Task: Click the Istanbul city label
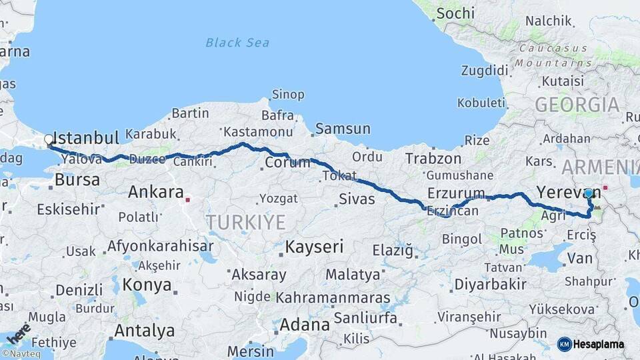tap(85, 138)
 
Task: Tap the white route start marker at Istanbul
tap(49, 140)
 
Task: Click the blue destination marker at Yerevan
tap(588, 193)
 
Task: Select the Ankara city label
tap(155, 193)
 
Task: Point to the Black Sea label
tap(237, 43)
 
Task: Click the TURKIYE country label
tap(245, 222)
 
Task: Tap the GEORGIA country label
tap(577, 105)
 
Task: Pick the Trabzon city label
tap(433, 159)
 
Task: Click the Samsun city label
tap(343, 129)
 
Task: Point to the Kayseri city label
tap(314, 247)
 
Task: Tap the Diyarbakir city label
tap(490, 285)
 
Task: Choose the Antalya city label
tap(144, 331)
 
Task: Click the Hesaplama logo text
tap(598, 344)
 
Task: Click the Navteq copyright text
tap(21, 354)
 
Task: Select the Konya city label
tap(146, 285)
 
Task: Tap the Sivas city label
tap(357, 199)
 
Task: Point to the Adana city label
tap(305, 325)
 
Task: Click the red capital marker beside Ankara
tap(189, 199)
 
